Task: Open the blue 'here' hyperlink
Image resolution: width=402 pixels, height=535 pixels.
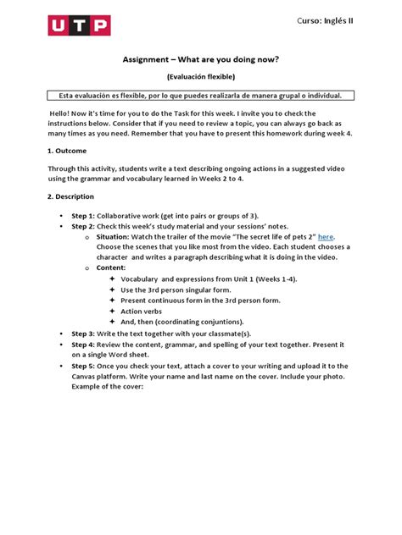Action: (x=327, y=238)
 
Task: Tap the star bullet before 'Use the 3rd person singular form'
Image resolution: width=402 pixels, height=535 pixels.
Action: (x=113, y=290)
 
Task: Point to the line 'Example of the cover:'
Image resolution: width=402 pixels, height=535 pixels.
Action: (x=108, y=387)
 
